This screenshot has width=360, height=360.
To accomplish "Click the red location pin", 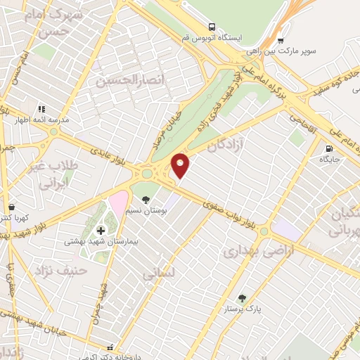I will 181,165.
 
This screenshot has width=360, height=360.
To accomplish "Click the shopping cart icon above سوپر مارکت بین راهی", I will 281,40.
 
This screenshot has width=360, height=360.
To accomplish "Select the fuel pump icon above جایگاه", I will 329,148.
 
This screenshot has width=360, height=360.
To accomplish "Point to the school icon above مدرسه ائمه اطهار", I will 41,109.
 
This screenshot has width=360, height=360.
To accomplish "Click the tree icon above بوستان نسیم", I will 146,199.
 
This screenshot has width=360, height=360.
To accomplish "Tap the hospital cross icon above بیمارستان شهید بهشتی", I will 101,230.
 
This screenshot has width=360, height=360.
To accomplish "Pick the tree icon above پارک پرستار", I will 243,298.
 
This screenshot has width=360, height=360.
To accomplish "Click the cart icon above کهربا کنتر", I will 11,207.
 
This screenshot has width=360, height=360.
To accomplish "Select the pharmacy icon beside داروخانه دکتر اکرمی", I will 109,347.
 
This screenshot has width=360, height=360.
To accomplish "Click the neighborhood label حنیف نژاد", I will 63,269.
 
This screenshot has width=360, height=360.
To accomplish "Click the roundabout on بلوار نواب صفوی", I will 263,231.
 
